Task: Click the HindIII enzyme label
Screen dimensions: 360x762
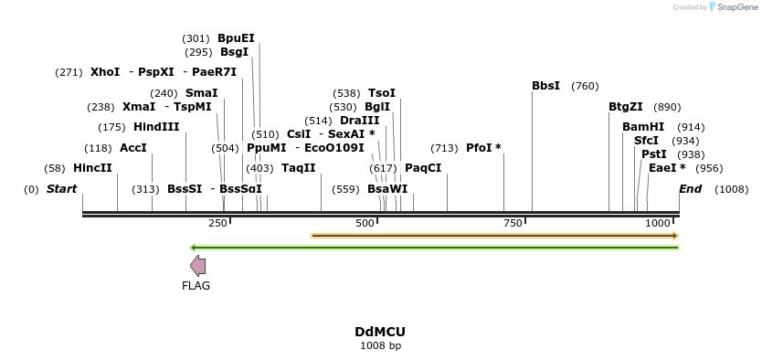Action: coord(156,127)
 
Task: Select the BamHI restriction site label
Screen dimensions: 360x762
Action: coord(643,127)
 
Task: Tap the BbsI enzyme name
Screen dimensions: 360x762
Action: coord(545,86)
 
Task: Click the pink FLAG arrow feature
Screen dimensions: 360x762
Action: coord(197,266)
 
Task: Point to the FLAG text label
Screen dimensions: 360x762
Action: coord(196,286)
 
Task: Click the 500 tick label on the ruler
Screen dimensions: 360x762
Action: coord(365,224)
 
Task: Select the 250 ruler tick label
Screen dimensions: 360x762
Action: coord(217,224)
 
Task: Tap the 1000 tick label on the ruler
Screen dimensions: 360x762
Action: coord(658,224)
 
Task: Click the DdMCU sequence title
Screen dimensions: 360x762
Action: coord(380,332)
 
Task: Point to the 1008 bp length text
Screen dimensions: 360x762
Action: coord(380,345)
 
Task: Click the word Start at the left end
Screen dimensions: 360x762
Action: coord(61,189)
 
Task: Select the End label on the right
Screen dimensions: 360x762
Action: coord(690,189)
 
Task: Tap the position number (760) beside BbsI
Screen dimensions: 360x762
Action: coord(585,86)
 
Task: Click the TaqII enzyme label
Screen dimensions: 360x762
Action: coord(298,168)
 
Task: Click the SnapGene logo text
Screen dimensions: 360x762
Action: coord(739,7)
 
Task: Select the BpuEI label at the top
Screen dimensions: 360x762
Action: coord(236,38)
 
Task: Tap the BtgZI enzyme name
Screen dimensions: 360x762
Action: coord(626,107)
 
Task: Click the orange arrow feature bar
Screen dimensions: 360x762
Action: coord(493,236)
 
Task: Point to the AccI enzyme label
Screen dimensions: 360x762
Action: coord(133,148)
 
